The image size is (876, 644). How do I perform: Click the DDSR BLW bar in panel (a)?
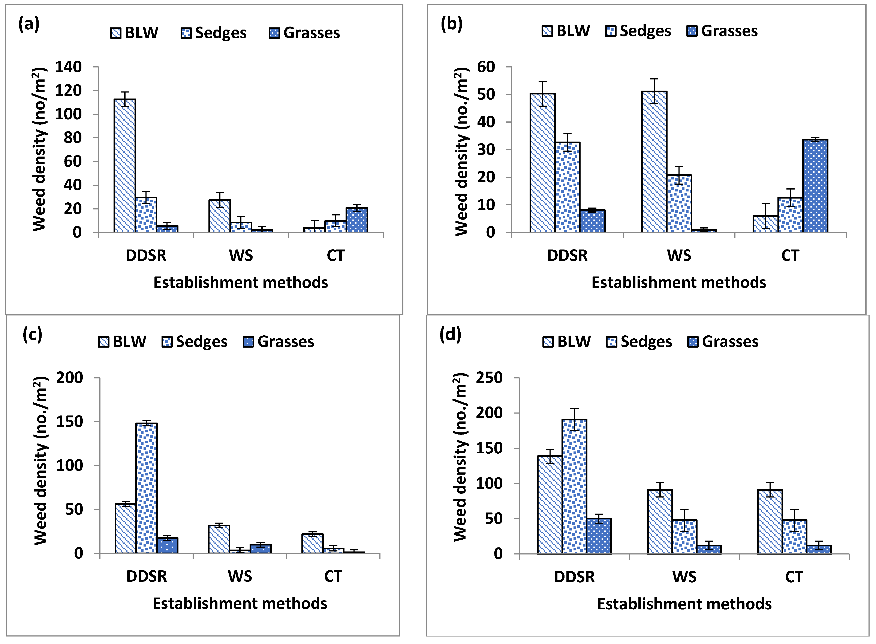coord(125,166)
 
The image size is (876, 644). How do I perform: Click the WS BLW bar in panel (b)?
coord(654,162)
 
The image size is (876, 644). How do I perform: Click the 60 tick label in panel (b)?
coord(486,67)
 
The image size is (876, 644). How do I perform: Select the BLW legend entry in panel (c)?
coord(122,342)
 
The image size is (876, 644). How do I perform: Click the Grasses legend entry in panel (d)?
coord(723,342)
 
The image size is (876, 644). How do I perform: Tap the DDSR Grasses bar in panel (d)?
coord(599,536)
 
